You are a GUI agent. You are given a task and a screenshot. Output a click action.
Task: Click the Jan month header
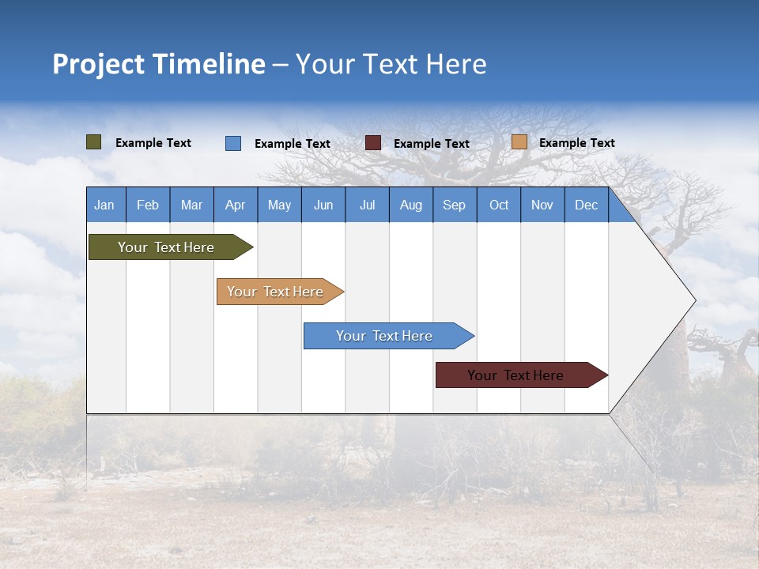105,205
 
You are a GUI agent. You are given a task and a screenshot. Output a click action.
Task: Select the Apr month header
236,205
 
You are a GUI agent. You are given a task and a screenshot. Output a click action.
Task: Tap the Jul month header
367,205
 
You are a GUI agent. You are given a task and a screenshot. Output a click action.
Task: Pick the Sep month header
454,205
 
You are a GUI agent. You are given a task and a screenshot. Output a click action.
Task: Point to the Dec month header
586,205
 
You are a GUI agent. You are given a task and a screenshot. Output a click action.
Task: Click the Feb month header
148,205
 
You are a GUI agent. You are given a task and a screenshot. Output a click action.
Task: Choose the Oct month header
499,205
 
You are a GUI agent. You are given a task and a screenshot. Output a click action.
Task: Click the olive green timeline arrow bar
166,247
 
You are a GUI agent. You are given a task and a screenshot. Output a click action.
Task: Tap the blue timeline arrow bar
385,336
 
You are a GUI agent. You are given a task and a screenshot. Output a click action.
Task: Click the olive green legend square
94,142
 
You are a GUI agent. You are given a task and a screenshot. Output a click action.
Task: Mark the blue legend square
233,143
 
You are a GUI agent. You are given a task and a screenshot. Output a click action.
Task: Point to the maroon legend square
373,143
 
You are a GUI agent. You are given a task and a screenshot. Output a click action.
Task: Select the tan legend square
519,142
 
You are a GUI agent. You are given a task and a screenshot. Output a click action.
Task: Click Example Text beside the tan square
576,143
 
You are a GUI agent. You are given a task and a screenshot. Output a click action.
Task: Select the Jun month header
323,205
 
